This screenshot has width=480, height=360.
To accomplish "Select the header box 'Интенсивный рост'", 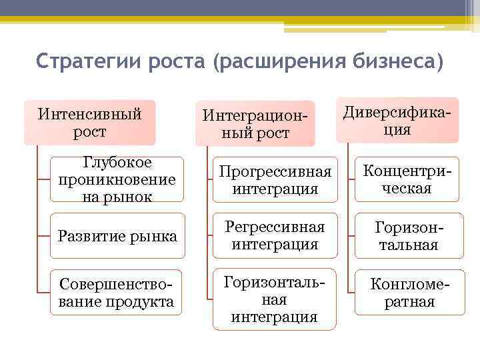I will pyautogui.click(x=89, y=123).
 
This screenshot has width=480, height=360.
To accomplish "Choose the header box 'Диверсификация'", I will pyautogui.click(x=397, y=121).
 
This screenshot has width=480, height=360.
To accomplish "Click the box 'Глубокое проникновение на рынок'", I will pyautogui.click(x=117, y=179).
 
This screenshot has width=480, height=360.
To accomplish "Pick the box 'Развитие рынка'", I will pyautogui.click(x=117, y=236).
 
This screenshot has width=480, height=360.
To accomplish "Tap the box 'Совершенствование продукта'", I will pyautogui.click(x=117, y=293).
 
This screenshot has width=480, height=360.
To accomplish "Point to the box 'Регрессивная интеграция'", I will pyautogui.click(x=275, y=236).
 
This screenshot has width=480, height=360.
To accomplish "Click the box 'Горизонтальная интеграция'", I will pyautogui.click(x=275, y=299).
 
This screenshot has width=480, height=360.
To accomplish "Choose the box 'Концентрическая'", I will pyautogui.click(x=407, y=179).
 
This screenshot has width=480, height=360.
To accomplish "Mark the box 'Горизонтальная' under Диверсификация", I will pyautogui.click(x=407, y=236).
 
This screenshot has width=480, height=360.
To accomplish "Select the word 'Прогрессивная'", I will pyautogui.click(x=275, y=172).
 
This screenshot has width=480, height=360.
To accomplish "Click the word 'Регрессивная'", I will pyautogui.click(x=275, y=227).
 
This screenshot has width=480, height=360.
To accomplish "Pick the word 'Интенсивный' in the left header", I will pyautogui.click(x=89, y=114).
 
